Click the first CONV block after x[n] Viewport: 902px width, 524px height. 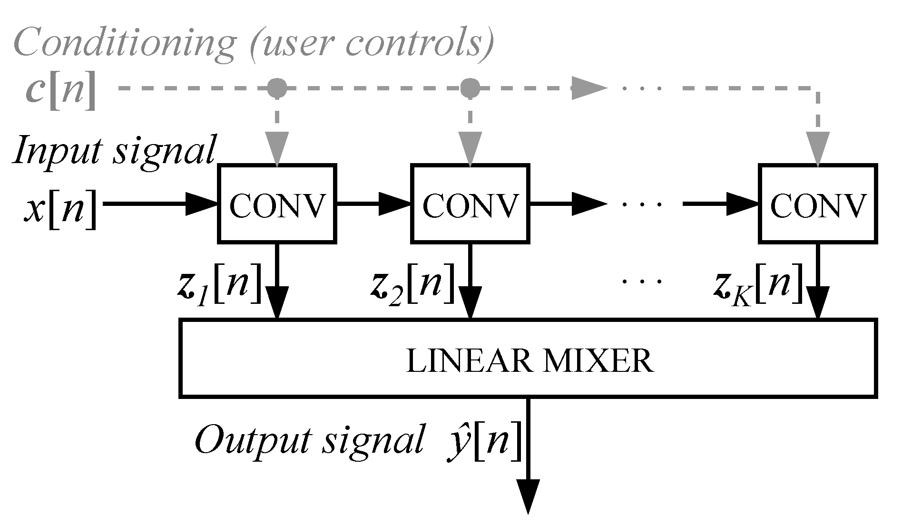coord(277,204)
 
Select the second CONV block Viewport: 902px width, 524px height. coord(470,204)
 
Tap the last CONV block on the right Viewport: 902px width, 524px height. coord(818,204)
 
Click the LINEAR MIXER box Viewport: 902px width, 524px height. coord(528,359)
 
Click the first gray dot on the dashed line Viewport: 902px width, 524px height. coord(277,87)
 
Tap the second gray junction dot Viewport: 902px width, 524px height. coord(470,87)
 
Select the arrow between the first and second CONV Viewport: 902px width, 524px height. coord(373,204)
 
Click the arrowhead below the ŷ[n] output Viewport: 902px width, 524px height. coord(528,497)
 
